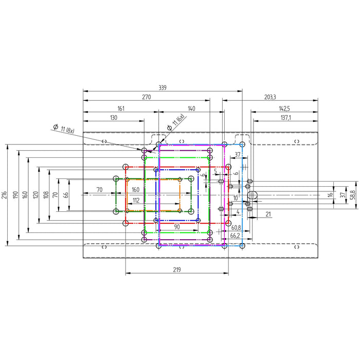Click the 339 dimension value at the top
[x=163, y=88]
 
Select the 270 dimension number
[x=147, y=97]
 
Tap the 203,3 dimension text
[x=270, y=97]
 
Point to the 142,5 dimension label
[x=284, y=109]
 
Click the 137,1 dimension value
[x=285, y=118]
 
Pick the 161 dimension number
[x=121, y=109]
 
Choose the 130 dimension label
[x=114, y=118]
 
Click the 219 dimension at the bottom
[x=177, y=270]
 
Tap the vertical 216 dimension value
[x=5, y=195]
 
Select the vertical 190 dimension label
[x=15, y=195]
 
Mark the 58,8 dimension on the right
[x=354, y=195]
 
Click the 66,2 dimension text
[x=235, y=236]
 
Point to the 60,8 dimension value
[x=236, y=228]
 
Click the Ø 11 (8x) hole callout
[x=64, y=129]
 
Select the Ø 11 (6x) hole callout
[x=176, y=122]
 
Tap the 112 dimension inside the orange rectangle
[x=136, y=201]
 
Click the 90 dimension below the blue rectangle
[x=177, y=227]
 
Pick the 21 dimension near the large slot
[x=268, y=214]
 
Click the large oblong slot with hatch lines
[x=252, y=195]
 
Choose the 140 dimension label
[x=191, y=109]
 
